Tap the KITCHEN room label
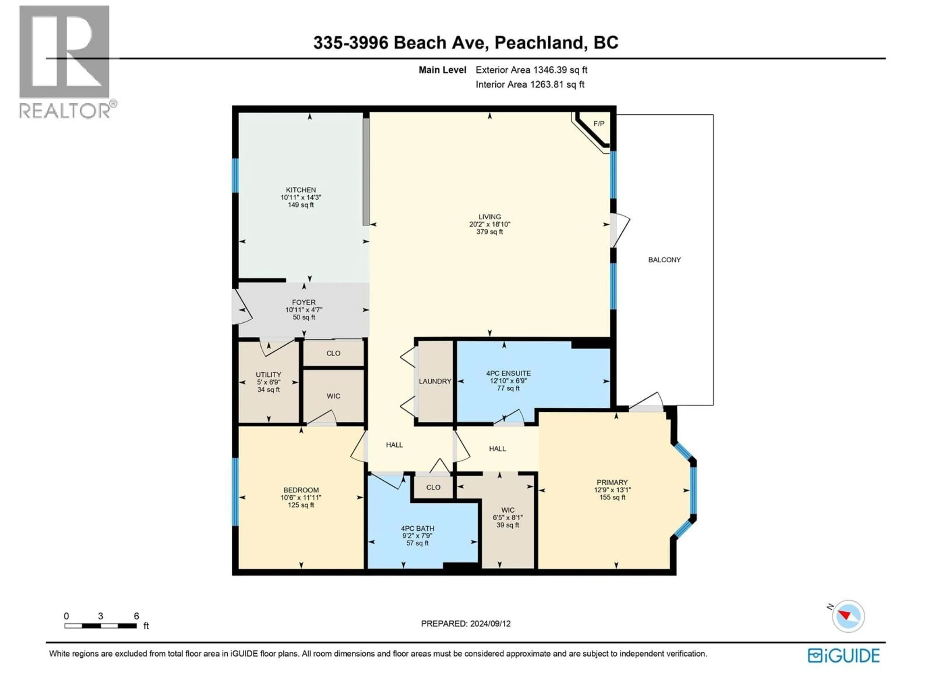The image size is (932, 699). click(301, 190)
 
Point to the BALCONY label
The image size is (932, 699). click(664, 260)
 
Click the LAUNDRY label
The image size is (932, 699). click(435, 381)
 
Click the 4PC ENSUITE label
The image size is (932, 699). click(508, 373)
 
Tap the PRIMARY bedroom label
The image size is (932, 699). click(612, 483)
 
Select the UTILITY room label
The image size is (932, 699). click(268, 374)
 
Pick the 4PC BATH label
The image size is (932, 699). click(417, 528)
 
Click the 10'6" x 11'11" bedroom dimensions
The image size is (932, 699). click(301, 498)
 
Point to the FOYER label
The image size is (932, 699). click(303, 302)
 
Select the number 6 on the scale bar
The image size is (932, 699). click(136, 616)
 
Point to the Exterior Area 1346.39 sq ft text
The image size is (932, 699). click(531, 70)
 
